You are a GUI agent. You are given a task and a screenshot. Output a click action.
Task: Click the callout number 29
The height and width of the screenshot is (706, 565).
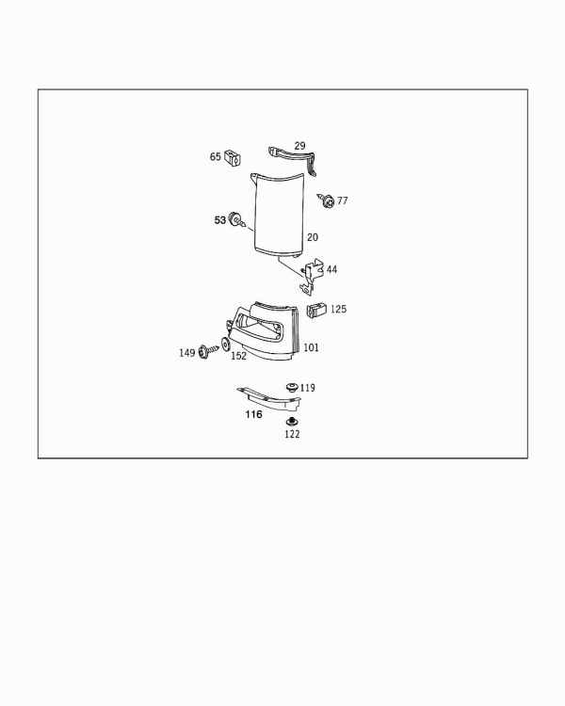click(299, 146)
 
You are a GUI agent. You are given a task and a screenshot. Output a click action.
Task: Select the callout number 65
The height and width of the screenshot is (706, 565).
click(216, 156)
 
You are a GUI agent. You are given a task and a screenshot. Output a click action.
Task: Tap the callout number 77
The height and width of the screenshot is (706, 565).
click(343, 201)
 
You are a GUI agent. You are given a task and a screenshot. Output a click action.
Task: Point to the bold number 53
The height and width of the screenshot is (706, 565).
click(219, 220)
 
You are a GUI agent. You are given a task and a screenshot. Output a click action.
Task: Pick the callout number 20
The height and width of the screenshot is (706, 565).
click(313, 237)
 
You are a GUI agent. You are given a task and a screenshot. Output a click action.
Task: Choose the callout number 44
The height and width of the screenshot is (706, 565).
click(331, 270)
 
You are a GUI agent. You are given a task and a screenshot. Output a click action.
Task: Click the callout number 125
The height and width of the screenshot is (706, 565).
click(338, 310)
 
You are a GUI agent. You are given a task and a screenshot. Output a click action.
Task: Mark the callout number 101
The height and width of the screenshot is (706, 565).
click(311, 347)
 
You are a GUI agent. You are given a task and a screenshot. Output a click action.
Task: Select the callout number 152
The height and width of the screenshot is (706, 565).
click(239, 356)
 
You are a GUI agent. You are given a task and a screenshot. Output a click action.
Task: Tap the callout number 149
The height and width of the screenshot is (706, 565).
click(187, 353)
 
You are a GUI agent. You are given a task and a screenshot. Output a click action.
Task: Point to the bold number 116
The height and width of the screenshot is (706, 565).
click(253, 414)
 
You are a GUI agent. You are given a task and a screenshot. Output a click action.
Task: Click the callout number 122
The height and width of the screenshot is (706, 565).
click(292, 435)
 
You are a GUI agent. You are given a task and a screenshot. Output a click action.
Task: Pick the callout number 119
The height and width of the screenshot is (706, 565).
click(308, 388)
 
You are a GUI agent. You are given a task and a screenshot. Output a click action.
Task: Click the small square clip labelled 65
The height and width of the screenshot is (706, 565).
click(233, 156)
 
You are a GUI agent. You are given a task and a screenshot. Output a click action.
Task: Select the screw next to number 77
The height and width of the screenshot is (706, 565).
click(326, 200)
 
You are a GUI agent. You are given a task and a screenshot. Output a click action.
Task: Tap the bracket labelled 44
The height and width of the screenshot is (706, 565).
click(313, 276)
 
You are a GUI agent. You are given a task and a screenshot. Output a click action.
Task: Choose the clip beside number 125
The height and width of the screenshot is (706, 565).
click(316, 310)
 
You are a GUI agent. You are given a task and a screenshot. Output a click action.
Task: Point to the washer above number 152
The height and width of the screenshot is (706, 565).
click(225, 344)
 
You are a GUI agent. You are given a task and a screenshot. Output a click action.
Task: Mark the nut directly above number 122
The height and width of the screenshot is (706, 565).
click(292, 422)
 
